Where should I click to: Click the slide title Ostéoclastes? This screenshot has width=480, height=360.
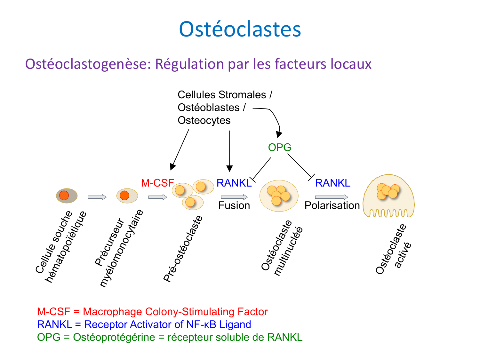(240, 29)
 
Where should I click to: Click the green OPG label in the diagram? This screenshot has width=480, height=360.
(280, 148)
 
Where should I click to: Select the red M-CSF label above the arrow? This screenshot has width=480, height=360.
(157, 183)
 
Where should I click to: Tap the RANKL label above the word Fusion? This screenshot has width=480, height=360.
(234, 183)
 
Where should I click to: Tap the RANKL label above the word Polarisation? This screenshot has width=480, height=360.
(332, 183)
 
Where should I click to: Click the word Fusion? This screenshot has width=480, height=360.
(234, 205)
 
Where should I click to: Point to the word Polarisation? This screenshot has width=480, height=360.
(332, 205)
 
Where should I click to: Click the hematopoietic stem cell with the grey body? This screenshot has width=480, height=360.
(67, 196)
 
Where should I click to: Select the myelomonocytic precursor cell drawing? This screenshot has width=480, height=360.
(127, 196)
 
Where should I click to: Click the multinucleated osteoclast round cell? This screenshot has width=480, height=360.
(279, 196)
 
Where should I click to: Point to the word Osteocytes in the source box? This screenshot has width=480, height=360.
(204, 121)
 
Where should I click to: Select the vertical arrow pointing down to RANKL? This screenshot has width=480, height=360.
(229, 150)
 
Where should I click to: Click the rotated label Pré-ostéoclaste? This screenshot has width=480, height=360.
(183, 249)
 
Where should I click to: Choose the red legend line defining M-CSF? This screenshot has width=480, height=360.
(152, 312)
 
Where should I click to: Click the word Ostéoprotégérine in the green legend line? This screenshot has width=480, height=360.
(114, 337)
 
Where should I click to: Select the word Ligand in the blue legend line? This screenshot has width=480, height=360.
(235, 324)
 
